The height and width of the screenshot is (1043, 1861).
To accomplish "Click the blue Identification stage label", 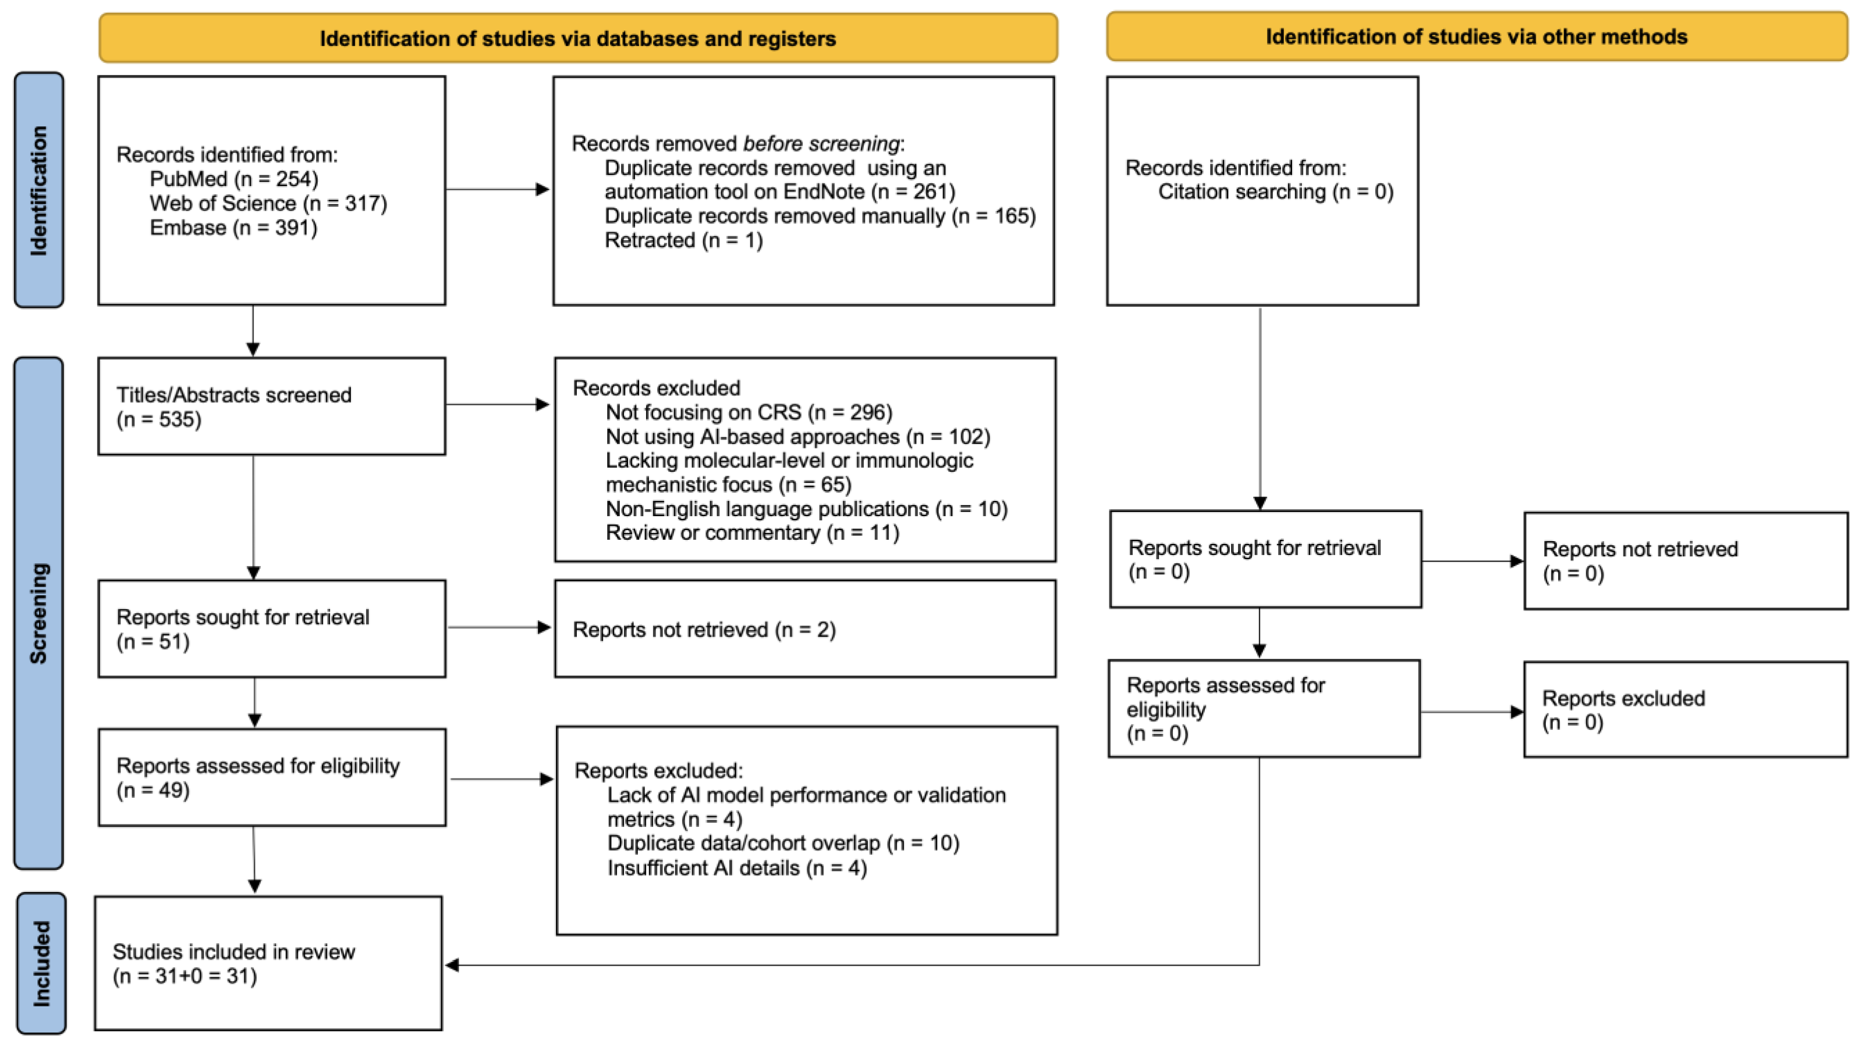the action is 39,190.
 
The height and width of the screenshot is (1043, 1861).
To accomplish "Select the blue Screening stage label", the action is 39,613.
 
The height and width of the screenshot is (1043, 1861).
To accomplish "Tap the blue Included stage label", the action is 41,963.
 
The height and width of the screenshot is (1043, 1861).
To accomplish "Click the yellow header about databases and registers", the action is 578,37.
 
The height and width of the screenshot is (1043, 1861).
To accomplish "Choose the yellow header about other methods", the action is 1477,36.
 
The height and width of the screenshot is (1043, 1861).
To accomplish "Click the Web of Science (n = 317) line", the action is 268,203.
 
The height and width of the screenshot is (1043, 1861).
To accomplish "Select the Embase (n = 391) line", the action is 233,228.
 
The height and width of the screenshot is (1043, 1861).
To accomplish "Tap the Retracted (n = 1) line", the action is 683,240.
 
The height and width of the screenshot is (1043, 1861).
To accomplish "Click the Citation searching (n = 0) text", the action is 1276,192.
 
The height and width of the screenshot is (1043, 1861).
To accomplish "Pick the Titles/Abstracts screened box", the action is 272,406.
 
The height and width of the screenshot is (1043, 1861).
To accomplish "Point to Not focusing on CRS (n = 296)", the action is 749,412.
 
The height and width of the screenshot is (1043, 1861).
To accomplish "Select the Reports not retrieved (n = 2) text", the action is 704,630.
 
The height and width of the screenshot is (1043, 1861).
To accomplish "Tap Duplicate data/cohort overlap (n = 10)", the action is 783,843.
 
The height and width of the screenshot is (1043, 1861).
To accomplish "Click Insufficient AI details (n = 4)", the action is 737,868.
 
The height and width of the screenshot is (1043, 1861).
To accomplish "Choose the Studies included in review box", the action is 268,964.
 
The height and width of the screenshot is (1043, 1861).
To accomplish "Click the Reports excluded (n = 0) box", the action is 1686,709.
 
